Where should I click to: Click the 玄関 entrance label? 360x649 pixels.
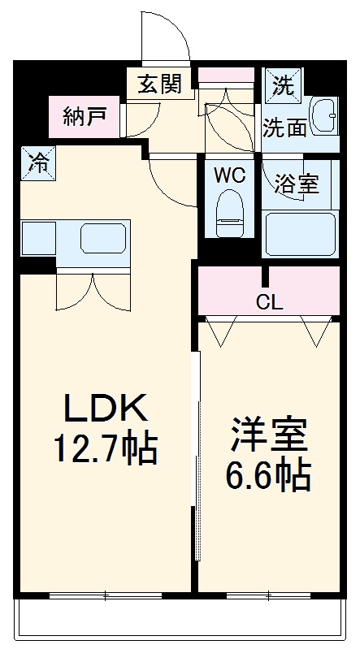tap(159, 84)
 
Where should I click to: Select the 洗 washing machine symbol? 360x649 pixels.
tap(283, 84)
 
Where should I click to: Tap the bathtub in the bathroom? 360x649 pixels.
tap(301, 234)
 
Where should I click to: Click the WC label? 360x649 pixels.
tap(230, 175)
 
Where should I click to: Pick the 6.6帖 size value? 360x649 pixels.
tap(268, 476)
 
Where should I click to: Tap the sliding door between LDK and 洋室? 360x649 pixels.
tap(195, 455)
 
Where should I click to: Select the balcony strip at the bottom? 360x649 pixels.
tap(179, 621)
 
